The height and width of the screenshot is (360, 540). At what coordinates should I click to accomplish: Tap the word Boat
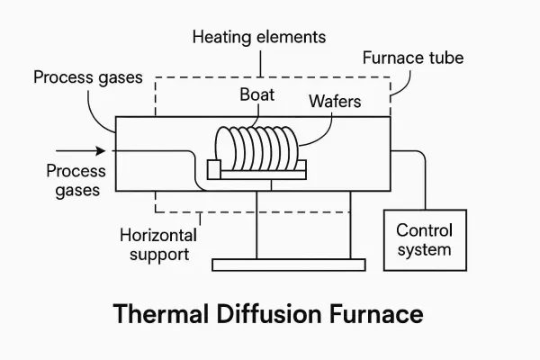pos(256,94)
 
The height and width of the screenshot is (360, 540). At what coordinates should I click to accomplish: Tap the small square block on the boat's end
pos(213,167)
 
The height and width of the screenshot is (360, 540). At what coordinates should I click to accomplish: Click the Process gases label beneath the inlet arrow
pos(76,180)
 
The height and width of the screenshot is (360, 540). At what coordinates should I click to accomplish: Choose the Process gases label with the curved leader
pos(88,77)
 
